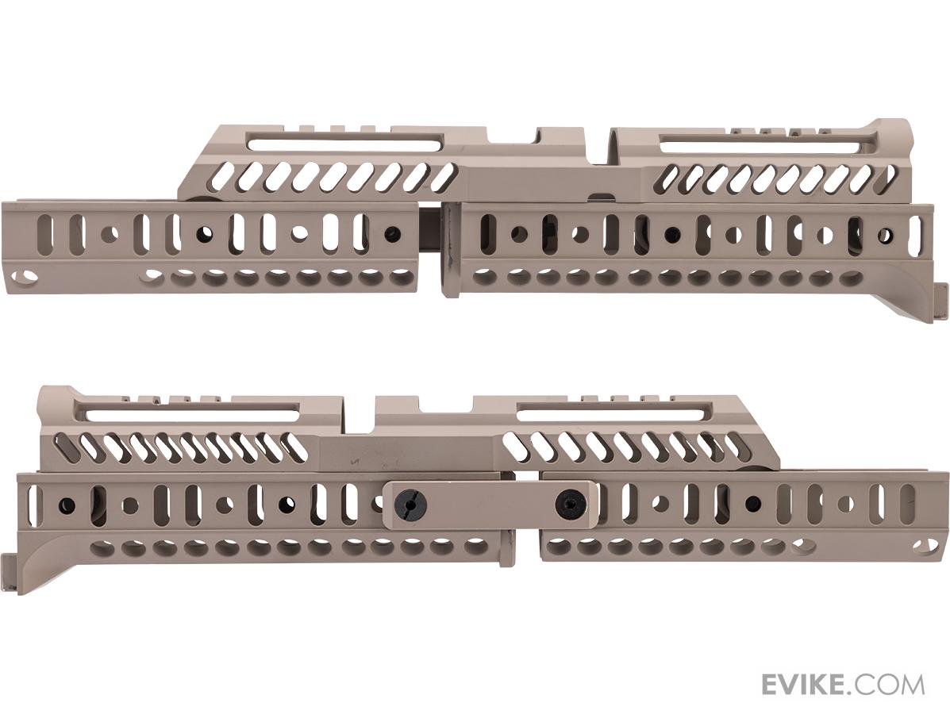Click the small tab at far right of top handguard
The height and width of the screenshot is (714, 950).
click(x=940, y=301)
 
